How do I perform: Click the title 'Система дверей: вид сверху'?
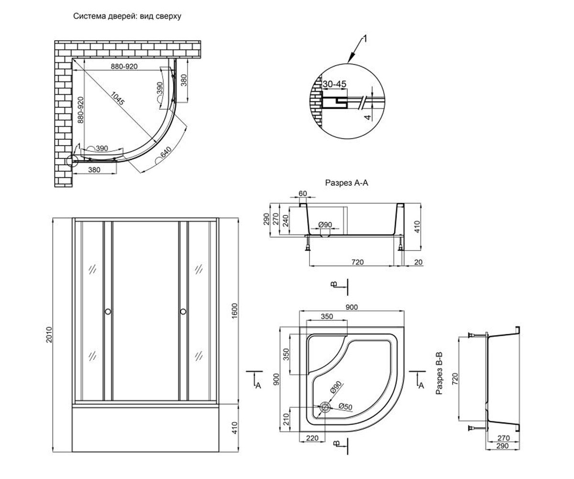tap(127, 16)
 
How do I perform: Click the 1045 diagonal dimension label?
tap(118, 98)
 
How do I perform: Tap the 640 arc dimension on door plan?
tap(166, 152)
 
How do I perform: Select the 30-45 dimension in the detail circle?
tap(334, 84)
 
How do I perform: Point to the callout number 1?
tap(365, 39)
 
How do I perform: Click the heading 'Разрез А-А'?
tap(346, 183)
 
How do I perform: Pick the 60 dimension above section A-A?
tap(302, 193)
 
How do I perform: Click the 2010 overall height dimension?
tap(49, 335)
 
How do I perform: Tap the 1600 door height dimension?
tap(234, 311)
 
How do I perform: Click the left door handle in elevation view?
tap(108, 312)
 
